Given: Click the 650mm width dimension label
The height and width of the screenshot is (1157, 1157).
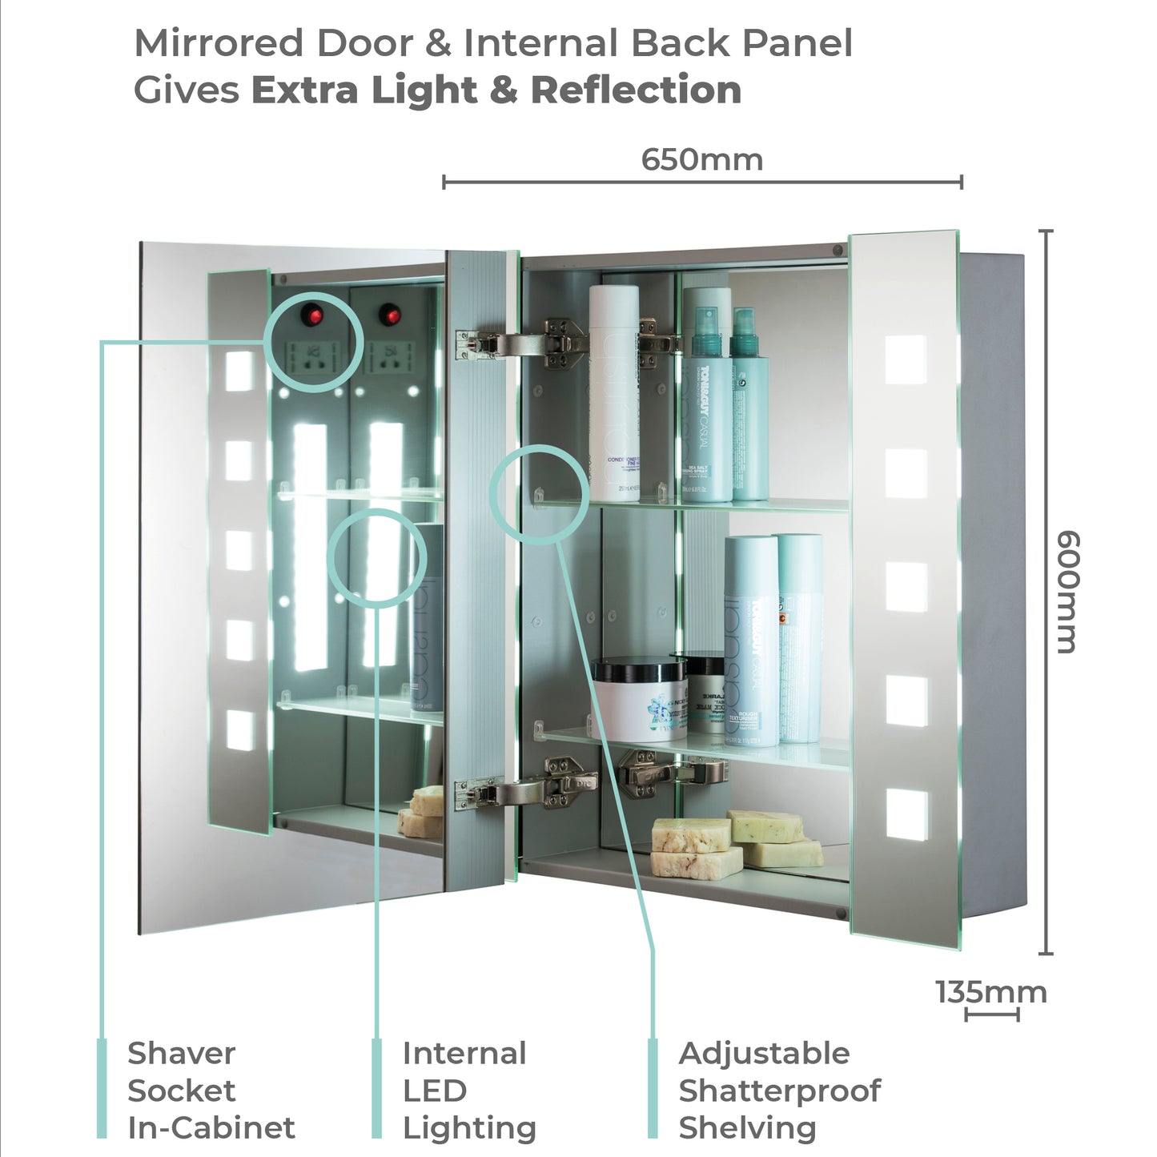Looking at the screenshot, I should (x=701, y=159).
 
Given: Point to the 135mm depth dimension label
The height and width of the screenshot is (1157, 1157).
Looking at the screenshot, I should (x=991, y=992).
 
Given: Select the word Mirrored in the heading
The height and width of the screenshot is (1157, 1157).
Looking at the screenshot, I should (x=219, y=43).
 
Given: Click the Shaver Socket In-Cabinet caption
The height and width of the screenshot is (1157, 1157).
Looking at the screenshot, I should (x=211, y=1090).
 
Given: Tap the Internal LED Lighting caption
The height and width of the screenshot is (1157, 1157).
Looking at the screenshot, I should (x=468, y=1090).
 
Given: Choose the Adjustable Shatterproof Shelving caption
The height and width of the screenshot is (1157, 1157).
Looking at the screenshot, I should (x=779, y=1090).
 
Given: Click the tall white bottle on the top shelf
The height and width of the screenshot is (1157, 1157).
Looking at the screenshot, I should (x=614, y=392).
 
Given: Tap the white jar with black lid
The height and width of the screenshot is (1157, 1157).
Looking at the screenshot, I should (x=639, y=698).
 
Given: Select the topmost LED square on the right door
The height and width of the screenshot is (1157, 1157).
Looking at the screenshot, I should (x=906, y=360).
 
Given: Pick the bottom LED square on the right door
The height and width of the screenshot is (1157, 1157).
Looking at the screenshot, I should (x=907, y=815).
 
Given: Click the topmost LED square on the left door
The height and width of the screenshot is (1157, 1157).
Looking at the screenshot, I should (x=239, y=371).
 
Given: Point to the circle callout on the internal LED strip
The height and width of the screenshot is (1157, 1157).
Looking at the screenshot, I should (x=377, y=557).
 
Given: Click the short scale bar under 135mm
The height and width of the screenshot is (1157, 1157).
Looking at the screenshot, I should (x=992, y=1015).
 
